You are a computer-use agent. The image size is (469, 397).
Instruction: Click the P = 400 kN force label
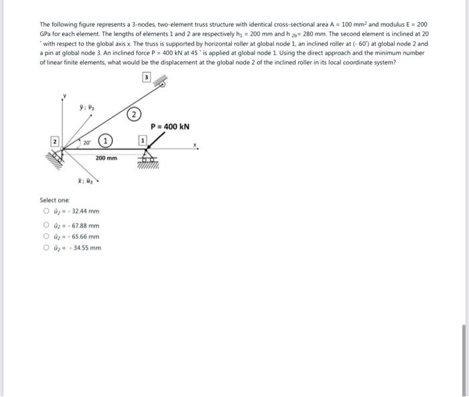pos(170,127)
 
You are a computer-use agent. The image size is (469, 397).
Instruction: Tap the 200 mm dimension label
pos(106,159)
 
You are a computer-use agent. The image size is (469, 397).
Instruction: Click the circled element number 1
pos(105,141)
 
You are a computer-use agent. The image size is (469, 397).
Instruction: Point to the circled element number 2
pos(134,114)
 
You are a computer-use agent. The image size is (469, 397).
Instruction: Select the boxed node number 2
pos(55,141)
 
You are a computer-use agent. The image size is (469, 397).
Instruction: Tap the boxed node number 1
pos(141,140)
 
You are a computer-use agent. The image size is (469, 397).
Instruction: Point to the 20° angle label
pos(86,143)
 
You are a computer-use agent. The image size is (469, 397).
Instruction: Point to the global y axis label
pos(64,98)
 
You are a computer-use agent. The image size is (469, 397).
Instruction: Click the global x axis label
pos(196,145)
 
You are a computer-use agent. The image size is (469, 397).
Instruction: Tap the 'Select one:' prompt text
pos(53,200)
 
